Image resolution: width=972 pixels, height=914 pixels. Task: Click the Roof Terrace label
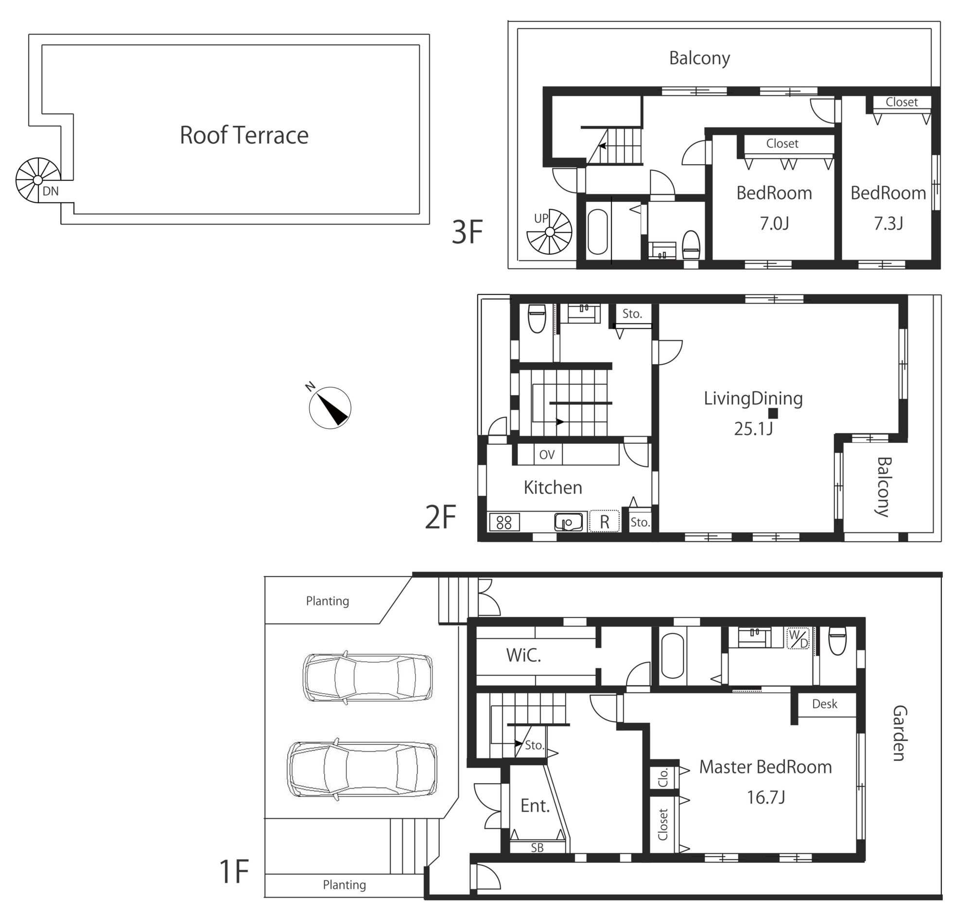point(244,136)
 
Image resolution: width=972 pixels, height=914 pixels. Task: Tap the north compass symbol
point(330,407)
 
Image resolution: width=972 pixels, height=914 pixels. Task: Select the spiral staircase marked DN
point(38,180)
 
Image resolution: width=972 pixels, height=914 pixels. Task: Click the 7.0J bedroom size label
point(774,224)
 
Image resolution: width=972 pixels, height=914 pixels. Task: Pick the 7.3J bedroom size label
point(888,224)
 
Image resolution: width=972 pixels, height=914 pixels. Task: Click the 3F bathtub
point(597,232)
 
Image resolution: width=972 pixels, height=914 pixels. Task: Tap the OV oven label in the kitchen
point(547,455)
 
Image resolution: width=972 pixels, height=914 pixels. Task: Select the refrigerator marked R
point(605,521)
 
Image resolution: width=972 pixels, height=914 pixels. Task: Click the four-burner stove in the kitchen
point(504,522)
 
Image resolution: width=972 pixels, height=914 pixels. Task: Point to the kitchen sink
point(569,522)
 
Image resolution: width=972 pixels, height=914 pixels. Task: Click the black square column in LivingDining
point(773,413)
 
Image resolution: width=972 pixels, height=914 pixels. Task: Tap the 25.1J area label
point(753,429)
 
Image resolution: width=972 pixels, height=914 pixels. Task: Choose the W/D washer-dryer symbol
point(798,638)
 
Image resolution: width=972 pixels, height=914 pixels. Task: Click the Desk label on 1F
point(825,703)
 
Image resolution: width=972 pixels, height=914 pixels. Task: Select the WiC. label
point(523,655)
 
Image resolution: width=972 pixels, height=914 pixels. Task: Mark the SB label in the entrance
point(537,848)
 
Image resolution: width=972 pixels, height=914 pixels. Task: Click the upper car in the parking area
point(368,677)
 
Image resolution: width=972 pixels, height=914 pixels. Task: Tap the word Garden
point(899,733)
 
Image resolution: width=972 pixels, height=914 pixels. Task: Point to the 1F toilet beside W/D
point(837,641)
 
